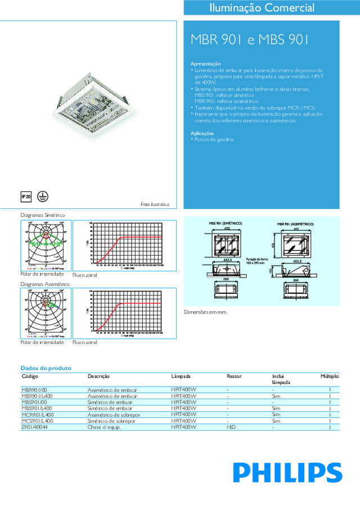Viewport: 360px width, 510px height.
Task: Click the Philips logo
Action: (x=287, y=472)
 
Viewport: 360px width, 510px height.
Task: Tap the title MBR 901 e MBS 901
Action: (x=250, y=40)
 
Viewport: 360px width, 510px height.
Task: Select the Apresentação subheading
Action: (x=206, y=64)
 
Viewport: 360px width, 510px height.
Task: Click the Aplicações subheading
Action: (x=202, y=133)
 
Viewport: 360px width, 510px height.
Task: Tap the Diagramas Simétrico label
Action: (x=42, y=215)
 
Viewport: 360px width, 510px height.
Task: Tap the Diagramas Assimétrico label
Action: (x=45, y=284)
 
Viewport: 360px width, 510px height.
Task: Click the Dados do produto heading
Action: (x=46, y=368)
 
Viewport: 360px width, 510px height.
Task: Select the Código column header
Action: (x=30, y=375)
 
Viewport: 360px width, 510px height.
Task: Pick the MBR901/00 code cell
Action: (x=35, y=390)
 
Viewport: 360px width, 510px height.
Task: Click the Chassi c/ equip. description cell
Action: (x=104, y=427)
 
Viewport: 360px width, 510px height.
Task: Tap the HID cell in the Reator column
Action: (x=231, y=427)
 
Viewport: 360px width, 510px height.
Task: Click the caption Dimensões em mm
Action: (x=205, y=311)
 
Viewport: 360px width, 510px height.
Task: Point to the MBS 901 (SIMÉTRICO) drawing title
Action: (x=226, y=223)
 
